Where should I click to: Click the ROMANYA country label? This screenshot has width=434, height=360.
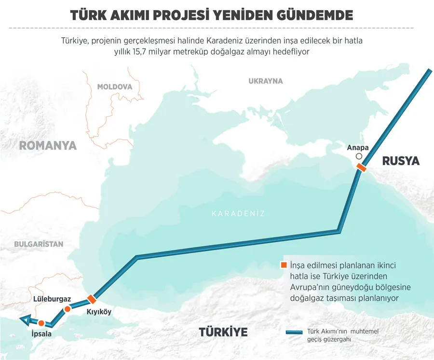48,145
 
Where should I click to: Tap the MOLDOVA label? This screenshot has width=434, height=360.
114,87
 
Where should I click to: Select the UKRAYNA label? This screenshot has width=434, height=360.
265,81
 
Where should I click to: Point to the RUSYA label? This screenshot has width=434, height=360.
401,161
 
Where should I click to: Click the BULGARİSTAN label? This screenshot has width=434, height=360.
39,244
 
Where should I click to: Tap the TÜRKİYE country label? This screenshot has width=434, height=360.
223,332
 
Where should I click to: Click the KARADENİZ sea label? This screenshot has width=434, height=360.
238,214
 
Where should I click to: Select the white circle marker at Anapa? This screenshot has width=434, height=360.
358,157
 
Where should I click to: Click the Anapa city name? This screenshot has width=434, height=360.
358,148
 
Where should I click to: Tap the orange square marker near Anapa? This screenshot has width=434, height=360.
361,167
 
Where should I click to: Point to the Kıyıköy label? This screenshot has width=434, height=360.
98,312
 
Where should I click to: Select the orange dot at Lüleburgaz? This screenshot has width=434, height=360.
68,308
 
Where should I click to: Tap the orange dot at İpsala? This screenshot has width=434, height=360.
41,323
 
